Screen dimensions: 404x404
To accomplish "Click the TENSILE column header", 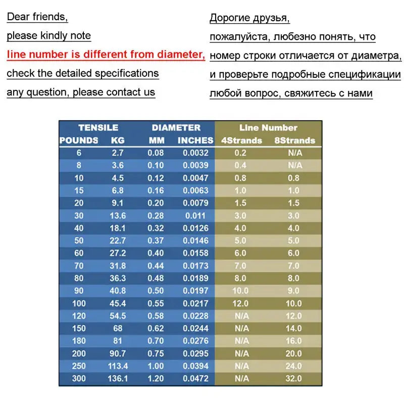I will tap(98, 128).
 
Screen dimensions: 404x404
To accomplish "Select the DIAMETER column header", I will tap(176, 128).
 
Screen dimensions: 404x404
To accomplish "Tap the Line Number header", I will tap(268, 128).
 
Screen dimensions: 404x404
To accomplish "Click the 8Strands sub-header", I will tap(294, 140).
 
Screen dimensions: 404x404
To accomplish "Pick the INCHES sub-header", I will tap(195, 140).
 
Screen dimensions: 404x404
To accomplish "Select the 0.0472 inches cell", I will tap(195, 378).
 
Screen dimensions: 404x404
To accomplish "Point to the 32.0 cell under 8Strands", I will tap(293, 378).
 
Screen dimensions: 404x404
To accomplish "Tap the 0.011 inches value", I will tap(195, 216).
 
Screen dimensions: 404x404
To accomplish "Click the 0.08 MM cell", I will tap(156, 153).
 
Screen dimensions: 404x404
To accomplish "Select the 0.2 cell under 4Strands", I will tap(241, 153).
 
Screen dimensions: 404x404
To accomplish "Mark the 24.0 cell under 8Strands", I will tap(293, 366).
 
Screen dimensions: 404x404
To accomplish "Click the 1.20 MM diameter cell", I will tap(156, 378).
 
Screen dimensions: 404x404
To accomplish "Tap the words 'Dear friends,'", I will tap(37, 17).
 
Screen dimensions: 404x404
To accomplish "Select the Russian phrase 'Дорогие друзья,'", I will tap(249, 19).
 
